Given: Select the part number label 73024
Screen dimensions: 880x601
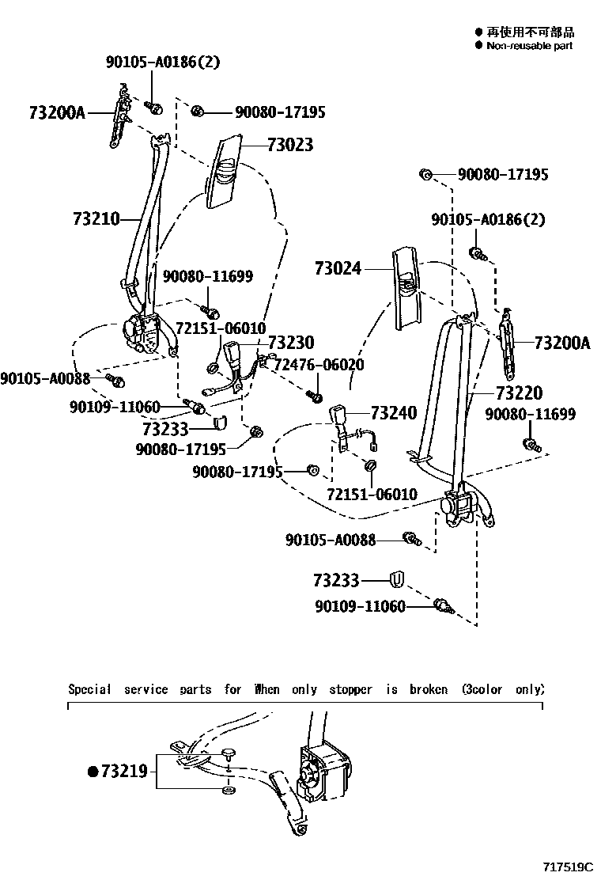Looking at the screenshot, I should point(338,269).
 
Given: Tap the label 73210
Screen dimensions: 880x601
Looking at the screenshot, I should point(96,218).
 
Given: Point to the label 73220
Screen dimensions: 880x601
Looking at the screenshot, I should point(520,393).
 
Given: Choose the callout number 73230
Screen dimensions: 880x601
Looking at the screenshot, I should point(290,343).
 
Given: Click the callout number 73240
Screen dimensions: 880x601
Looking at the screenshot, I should point(393,413).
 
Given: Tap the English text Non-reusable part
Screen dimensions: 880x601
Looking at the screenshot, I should point(529,46).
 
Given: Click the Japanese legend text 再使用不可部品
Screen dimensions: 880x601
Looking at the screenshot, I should point(530,32).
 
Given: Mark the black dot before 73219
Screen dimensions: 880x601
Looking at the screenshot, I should point(92,771).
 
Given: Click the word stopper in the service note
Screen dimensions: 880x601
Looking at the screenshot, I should point(350,689).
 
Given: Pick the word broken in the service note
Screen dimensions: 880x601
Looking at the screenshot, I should point(429,689).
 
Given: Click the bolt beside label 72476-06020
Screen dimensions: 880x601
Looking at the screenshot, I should point(315,392).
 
